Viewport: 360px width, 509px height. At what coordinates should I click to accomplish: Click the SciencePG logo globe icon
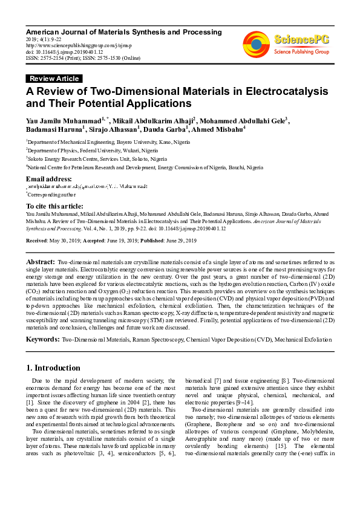(x=257, y=44)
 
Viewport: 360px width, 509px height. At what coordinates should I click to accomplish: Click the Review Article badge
(x=54, y=79)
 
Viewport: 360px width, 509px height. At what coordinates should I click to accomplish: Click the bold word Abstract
(x=41, y=261)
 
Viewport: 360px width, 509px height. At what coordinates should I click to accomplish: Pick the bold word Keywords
(x=42, y=340)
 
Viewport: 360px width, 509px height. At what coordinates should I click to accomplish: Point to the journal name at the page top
(x=123, y=31)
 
